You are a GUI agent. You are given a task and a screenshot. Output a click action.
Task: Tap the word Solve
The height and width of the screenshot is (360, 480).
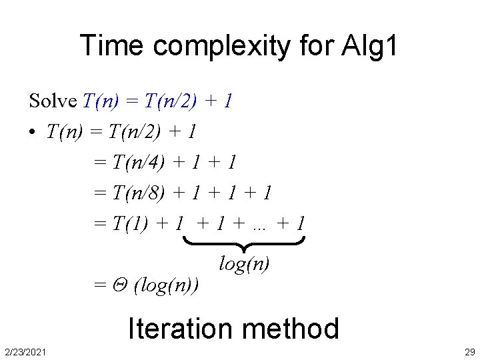pyautogui.click(x=53, y=101)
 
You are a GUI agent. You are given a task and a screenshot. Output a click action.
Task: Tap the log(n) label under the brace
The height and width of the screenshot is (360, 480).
pyautogui.click(x=244, y=264)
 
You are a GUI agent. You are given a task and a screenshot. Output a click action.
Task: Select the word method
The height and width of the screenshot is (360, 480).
pyautogui.click(x=291, y=329)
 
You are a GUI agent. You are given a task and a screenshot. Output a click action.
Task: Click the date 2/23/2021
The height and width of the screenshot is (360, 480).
pyautogui.click(x=25, y=351)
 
